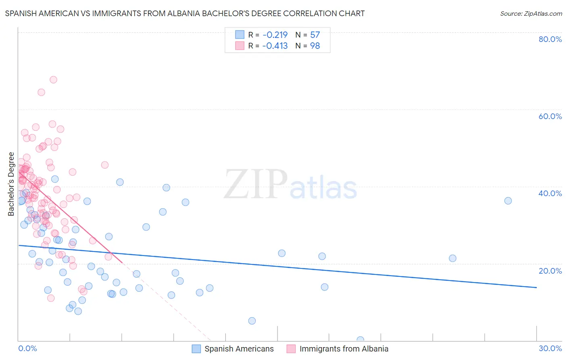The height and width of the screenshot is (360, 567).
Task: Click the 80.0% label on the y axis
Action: (x=550, y=39)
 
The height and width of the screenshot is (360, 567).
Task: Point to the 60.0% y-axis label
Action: (x=550, y=116)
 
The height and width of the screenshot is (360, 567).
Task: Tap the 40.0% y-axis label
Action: (x=550, y=193)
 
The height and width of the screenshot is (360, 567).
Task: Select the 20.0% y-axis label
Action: (x=550, y=271)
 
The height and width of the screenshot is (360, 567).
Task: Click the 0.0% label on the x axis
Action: (x=27, y=348)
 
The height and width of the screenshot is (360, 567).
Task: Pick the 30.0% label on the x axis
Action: (x=550, y=348)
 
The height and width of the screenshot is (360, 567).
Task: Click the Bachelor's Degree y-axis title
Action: (x=11, y=184)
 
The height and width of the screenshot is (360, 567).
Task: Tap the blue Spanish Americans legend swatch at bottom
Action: (x=196, y=349)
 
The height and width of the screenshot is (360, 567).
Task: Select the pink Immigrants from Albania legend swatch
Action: (x=291, y=349)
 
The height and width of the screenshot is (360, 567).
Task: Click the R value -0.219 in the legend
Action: (x=275, y=35)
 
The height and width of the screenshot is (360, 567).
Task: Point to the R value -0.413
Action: (x=275, y=46)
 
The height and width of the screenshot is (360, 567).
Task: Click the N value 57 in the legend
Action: (x=315, y=35)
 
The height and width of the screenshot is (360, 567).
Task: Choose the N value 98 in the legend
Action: (x=315, y=46)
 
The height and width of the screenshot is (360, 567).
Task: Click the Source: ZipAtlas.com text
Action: (x=531, y=13)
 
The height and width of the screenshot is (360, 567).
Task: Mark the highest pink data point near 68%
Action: (x=53, y=80)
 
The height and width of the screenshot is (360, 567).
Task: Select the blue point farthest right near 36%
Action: (x=508, y=201)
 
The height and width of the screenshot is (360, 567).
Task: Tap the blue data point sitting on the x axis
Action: (x=361, y=340)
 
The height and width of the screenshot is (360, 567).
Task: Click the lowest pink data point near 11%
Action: (x=51, y=298)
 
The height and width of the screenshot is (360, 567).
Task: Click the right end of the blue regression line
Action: (x=536, y=287)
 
